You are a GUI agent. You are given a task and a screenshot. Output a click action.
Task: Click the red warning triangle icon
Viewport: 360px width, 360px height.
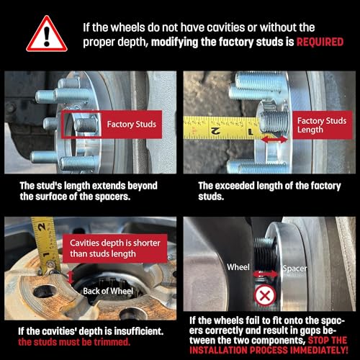click(x=47, y=35)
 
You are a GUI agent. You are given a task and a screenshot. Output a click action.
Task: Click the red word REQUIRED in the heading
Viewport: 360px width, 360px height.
click(x=320, y=42)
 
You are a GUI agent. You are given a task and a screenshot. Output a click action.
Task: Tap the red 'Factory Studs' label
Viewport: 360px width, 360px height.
click(x=131, y=125)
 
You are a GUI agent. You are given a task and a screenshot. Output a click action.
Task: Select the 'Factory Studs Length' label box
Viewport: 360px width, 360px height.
click(x=323, y=125)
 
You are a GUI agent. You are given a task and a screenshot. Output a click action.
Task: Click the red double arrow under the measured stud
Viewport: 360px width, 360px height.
click(x=274, y=140)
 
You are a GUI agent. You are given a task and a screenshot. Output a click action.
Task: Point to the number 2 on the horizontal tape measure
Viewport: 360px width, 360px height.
click(x=215, y=131)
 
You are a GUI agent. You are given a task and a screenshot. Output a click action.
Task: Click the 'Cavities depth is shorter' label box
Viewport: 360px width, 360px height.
click(x=114, y=248)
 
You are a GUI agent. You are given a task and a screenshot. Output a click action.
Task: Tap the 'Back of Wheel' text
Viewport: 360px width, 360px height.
click(x=108, y=291)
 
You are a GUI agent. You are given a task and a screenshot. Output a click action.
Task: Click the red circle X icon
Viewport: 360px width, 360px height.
click(x=265, y=295)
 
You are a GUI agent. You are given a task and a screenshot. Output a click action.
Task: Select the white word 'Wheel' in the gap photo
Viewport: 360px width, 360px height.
click(x=238, y=267)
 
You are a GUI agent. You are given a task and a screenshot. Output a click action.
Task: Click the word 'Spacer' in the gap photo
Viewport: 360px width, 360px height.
click(x=294, y=269)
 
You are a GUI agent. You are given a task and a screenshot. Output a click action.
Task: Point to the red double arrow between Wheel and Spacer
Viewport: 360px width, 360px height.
click(x=265, y=274)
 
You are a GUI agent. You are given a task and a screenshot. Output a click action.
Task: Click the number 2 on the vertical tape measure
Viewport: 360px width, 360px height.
click(x=42, y=227)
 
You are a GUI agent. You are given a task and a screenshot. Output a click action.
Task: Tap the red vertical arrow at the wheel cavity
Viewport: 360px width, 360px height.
click(x=71, y=278)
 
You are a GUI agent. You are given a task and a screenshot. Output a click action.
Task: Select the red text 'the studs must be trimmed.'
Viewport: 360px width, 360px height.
click(x=74, y=342)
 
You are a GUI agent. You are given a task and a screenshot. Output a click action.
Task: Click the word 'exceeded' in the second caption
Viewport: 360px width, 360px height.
click(x=227, y=186)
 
